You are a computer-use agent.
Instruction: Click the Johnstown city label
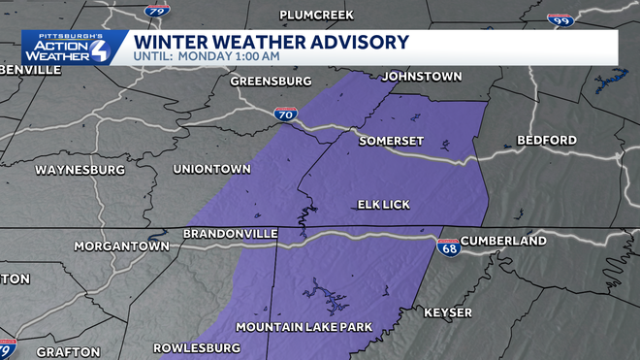point(422,77)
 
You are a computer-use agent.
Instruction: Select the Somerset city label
point(392,140)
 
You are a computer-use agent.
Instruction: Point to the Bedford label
point(546,140)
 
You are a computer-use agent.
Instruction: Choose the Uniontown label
point(211,169)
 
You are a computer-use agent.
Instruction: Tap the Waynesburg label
point(80,170)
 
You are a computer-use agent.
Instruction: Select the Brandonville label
point(231,234)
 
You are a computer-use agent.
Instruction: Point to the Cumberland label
point(503,240)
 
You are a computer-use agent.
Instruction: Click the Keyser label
point(448,312)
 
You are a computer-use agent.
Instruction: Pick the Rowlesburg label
point(197,347)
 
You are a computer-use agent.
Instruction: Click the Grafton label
point(68,351)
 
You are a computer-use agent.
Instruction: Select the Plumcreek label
point(316,15)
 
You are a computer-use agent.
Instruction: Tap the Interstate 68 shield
point(448,247)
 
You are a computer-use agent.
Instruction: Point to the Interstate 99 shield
point(560,18)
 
